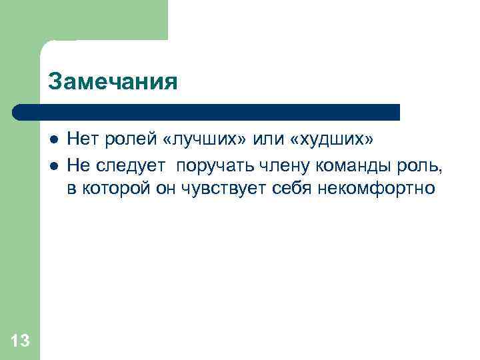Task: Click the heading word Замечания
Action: (113, 82)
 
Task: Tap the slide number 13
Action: (21, 341)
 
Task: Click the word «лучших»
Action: (203, 140)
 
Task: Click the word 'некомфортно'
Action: (378, 189)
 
